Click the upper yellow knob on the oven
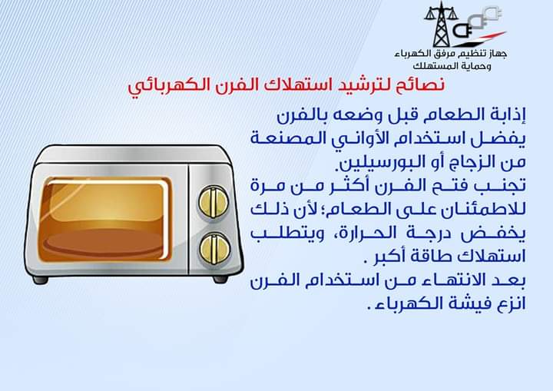213,202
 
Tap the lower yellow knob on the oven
215,248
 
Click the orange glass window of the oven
104,220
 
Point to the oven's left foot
40,280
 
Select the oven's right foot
220,279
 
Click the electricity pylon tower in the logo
441,25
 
